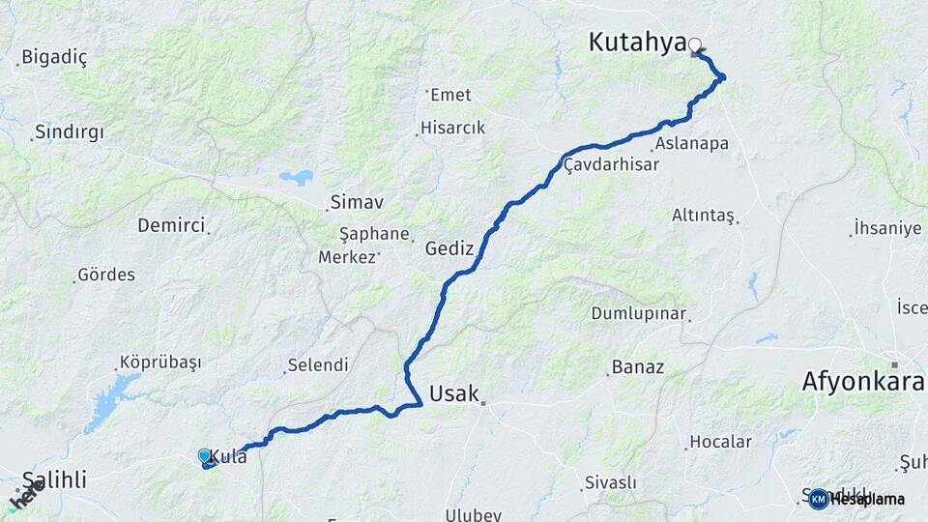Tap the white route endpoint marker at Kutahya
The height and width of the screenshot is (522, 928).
click(694, 43)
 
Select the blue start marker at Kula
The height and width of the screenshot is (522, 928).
click(204, 455)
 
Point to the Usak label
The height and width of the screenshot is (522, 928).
click(454, 393)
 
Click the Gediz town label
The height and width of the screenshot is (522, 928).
click(449, 248)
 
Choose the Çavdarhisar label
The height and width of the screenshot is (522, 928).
click(611, 164)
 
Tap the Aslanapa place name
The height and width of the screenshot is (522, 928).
click(691, 143)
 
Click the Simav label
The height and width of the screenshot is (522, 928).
click(357, 202)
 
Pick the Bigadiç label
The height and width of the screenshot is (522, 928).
click(54, 57)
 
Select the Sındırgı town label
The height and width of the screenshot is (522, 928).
click(69, 131)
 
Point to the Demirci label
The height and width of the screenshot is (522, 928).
click(171, 225)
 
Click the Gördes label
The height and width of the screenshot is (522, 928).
click(106, 275)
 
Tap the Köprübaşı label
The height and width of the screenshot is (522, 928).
click(159, 362)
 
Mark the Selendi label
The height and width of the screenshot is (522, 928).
click(317, 365)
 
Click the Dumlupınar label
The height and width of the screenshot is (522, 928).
click(639, 314)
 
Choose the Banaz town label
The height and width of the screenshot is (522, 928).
click(638, 367)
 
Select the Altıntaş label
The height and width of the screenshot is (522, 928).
click(704, 215)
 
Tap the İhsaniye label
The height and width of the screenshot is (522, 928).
click(887, 228)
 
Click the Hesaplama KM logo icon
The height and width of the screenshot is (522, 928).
click(819, 499)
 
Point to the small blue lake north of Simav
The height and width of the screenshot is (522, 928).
click(297, 178)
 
